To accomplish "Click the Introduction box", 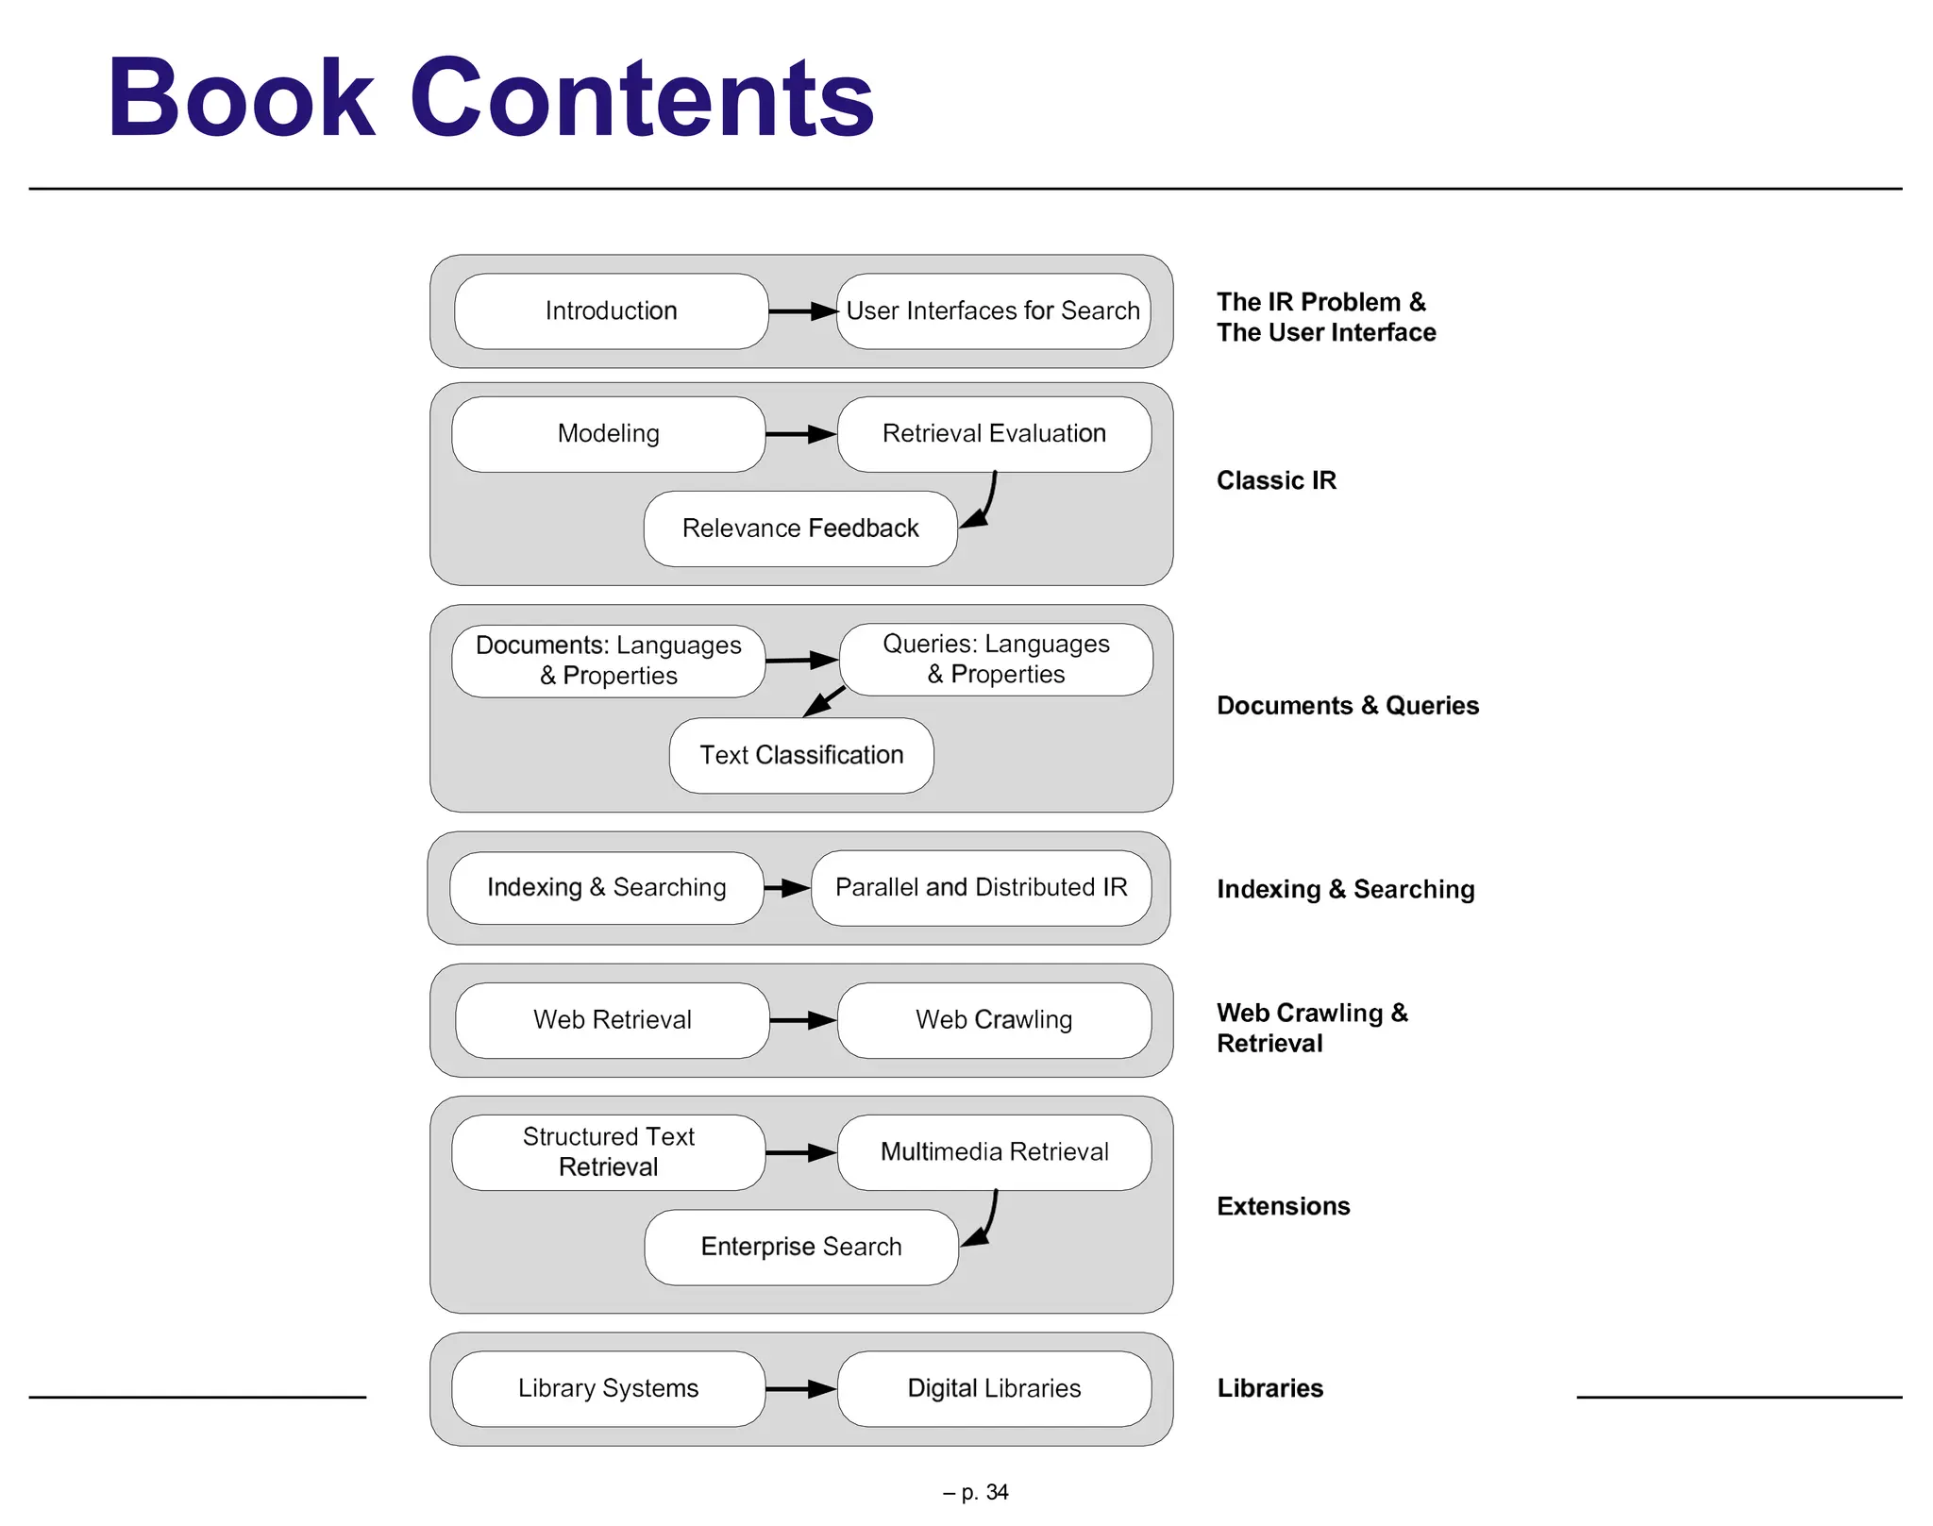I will (x=611, y=311).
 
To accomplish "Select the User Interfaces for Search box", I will (x=993, y=311).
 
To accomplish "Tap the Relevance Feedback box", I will (x=800, y=528).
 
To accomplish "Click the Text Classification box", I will (x=801, y=755).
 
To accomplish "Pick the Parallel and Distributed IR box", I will (x=981, y=888).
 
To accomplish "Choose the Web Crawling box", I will (x=994, y=1020).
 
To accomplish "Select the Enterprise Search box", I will (x=801, y=1247).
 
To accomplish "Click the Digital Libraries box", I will (x=994, y=1388).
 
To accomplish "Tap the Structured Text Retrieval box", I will (x=609, y=1152).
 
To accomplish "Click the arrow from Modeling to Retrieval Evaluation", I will (x=801, y=434).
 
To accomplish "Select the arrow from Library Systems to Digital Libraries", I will (x=801, y=1388).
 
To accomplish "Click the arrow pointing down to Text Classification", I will (x=824, y=701).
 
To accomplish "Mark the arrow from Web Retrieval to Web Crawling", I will (x=803, y=1020).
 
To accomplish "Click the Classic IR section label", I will (x=1276, y=480).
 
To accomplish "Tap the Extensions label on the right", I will (x=1283, y=1206).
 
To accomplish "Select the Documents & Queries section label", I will (x=1347, y=706).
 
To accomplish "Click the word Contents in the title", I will (x=642, y=99).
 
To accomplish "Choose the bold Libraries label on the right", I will (x=1269, y=1388).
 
